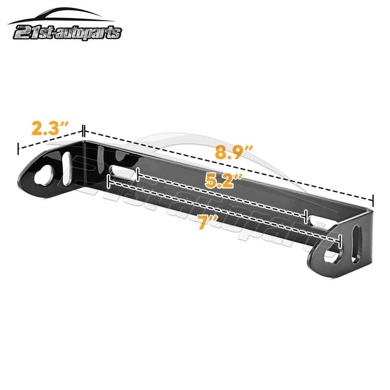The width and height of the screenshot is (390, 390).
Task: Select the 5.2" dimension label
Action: pyautogui.click(x=223, y=180)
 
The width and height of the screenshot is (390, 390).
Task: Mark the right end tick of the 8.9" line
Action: pyautogui.click(x=373, y=200)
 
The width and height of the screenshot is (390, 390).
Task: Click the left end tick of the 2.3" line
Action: pyautogui.click(x=18, y=149)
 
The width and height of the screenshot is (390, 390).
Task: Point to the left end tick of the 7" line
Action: pyautogui.click(x=108, y=181)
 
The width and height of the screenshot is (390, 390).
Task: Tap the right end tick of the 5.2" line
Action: pyautogui.click(x=305, y=217)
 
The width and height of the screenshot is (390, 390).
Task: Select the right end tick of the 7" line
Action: pyautogui.click(x=339, y=243)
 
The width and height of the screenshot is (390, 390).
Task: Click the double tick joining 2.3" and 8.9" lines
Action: pyautogui.click(x=83, y=131)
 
